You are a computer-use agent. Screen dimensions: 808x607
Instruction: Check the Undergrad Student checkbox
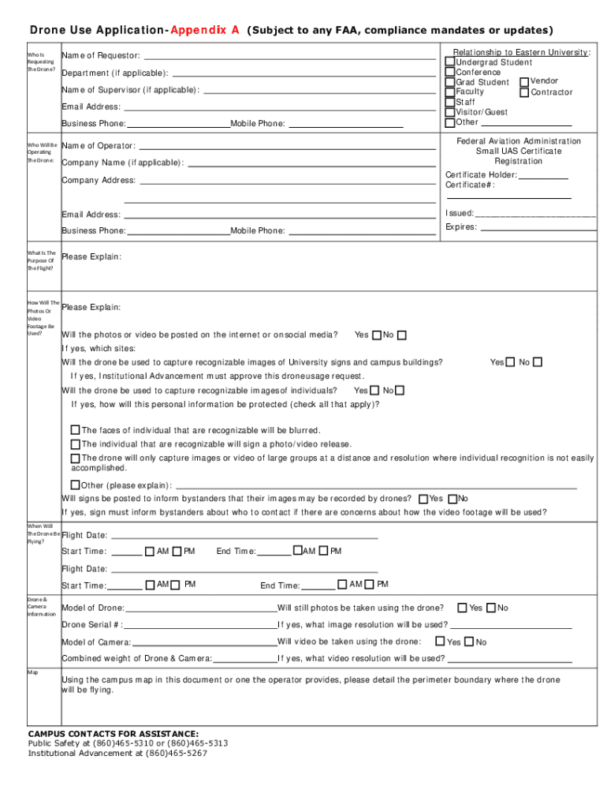(x=450, y=62)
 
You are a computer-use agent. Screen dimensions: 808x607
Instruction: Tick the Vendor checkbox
(x=524, y=81)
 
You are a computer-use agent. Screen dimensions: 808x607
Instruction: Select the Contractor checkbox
(x=524, y=92)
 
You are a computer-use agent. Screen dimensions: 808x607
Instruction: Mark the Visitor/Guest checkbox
(x=450, y=112)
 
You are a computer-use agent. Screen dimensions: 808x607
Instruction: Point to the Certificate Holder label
(x=481, y=174)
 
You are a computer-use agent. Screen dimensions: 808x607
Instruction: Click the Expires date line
(x=538, y=229)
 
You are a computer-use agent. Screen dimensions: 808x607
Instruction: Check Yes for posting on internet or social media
(x=376, y=335)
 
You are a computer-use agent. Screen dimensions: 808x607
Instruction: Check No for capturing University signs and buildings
(x=537, y=362)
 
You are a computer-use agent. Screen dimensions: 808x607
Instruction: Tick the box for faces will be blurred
(x=76, y=430)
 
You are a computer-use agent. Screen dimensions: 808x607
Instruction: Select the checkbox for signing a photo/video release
(x=76, y=444)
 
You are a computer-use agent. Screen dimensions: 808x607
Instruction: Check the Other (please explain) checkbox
(x=76, y=484)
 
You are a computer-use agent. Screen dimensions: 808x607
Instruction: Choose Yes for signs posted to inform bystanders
(x=423, y=499)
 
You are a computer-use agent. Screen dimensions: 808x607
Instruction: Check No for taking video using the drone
(x=469, y=642)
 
